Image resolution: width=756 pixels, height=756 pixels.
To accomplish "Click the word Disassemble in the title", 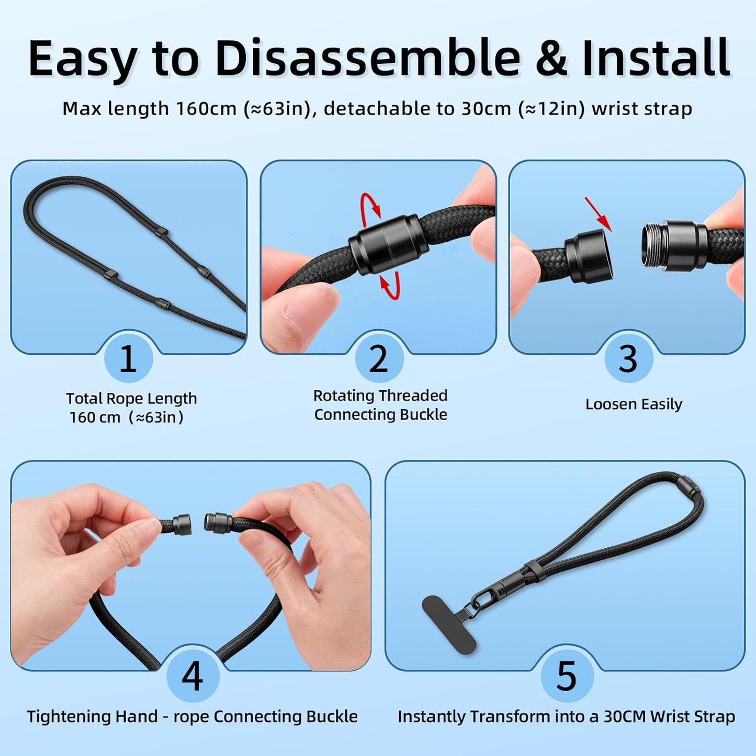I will [x=367, y=58].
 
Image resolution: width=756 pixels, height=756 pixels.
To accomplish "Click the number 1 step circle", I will [x=128, y=359].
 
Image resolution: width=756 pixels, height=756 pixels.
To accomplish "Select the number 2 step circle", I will [x=379, y=359].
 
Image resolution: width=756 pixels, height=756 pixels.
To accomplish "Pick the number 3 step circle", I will [x=628, y=359].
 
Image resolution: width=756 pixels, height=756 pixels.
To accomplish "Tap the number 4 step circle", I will [x=192, y=675].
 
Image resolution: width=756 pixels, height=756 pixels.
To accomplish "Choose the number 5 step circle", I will [x=567, y=675].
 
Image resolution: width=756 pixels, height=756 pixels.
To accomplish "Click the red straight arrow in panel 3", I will [x=598, y=213].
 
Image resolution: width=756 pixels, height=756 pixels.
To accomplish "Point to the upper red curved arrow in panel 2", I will [x=370, y=206].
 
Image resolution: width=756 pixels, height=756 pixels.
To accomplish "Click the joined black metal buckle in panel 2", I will [x=383, y=243].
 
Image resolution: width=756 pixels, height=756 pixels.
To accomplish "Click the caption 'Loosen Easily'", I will [x=634, y=404].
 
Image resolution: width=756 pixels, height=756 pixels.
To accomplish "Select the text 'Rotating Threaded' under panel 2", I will [x=380, y=396].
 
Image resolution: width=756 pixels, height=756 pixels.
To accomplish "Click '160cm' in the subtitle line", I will [x=207, y=109].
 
